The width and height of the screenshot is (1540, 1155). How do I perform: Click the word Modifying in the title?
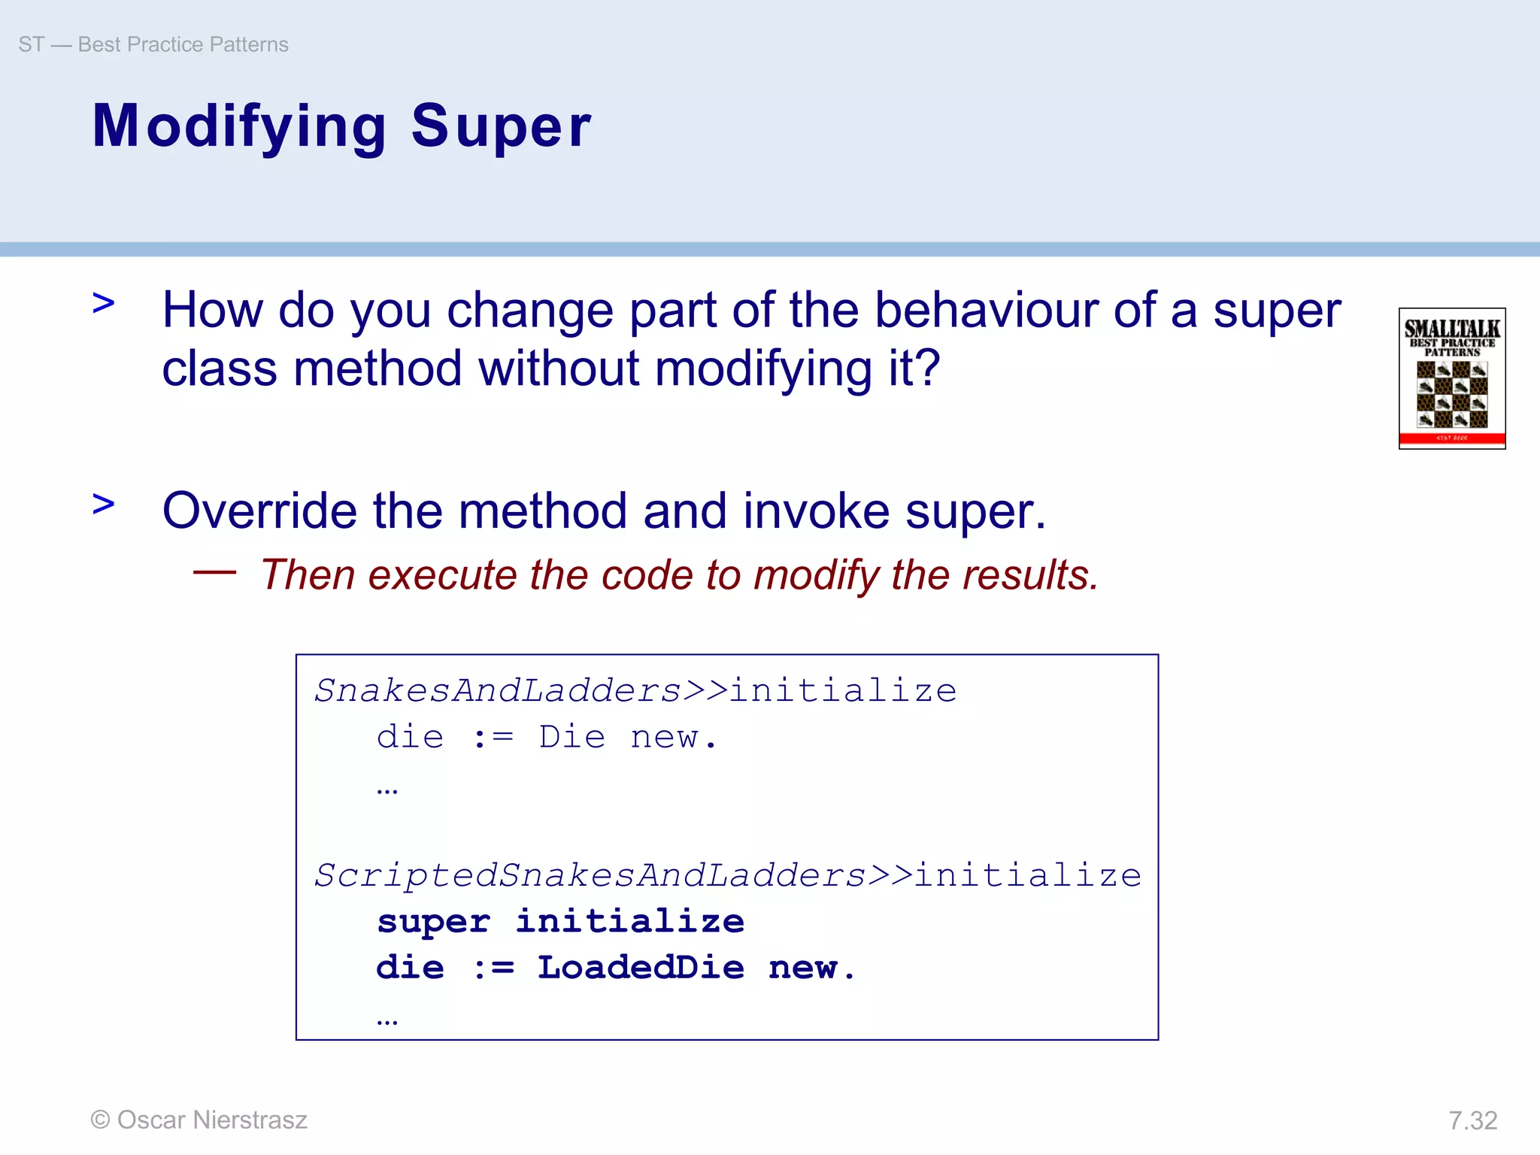tap(239, 126)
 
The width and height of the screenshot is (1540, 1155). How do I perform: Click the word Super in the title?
tap(501, 126)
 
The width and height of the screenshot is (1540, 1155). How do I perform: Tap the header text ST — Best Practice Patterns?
tap(153, 44)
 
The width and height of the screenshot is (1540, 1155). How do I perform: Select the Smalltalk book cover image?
tap(1451, 378)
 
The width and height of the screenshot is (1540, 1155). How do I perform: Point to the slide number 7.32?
tap(1472, 1120)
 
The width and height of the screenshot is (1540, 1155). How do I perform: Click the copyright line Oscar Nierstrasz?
tap(199, 1120)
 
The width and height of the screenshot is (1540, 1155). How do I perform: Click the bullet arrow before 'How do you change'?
tap(104, 304)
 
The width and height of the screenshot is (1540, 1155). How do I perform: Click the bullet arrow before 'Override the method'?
tap(104, 504)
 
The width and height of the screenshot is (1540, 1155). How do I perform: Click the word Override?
tap(260, 511)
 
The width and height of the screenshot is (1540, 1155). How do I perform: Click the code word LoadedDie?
tap(641, 968)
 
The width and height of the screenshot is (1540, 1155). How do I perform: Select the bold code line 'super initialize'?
tap(560, 922)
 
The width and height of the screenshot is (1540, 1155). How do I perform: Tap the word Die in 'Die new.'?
tap(571, 738)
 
